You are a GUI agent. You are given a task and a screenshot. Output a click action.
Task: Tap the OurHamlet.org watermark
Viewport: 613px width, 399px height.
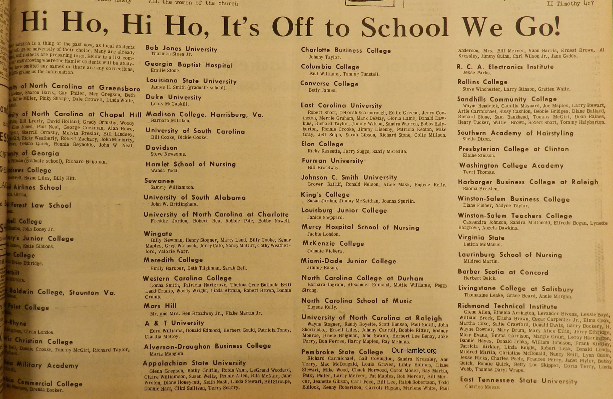click(x=414, y=350)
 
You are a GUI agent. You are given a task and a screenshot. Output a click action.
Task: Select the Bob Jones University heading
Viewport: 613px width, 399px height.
click(x=181, y=48)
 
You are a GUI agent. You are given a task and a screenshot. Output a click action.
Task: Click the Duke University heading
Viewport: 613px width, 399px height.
click(x=174, y=97)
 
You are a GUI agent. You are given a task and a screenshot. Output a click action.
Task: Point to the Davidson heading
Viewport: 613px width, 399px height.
click(x=162, y=148)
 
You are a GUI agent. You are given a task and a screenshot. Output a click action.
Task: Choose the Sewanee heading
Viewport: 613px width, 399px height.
click(x=159, y=181)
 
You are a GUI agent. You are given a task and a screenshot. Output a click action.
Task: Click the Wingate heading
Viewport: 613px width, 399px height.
click(x=158, y=234)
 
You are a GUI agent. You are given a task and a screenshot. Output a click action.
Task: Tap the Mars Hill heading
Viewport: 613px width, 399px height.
click(x=160, y=306)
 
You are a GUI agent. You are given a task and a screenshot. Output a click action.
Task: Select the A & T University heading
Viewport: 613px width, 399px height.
click(x=174, y=323)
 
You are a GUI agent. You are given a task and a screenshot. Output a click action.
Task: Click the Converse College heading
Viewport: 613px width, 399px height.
click(x=329, y=84)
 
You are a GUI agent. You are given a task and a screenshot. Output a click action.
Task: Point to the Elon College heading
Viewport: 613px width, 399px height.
click(x=322, y=144)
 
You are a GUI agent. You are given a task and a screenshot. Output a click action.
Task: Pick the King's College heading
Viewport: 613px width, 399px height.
click(x=325, y=194)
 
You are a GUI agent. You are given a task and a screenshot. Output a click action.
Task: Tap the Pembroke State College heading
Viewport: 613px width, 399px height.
click(x=342, y=352)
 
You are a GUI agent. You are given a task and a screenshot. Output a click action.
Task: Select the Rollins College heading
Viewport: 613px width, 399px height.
click(x=482, y=82)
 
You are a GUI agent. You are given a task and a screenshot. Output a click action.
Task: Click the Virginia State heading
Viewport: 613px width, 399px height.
click(x=481, y=238)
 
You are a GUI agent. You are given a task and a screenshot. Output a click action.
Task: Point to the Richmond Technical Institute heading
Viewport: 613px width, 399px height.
click(x=507, y=306)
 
